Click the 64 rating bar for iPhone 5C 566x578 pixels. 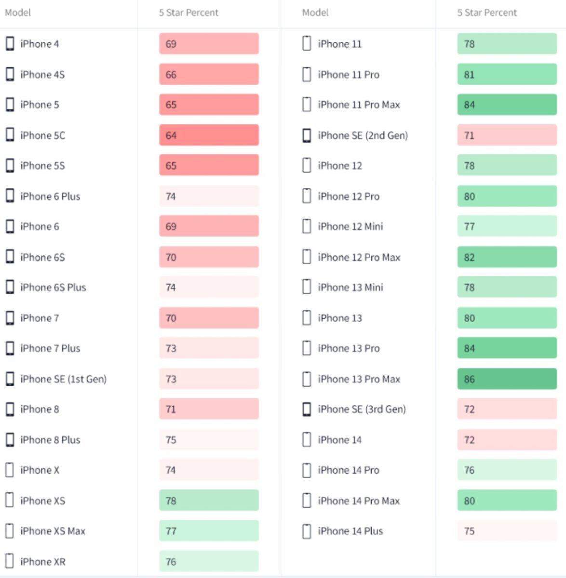coord(209,135)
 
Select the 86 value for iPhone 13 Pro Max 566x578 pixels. coord(507,379)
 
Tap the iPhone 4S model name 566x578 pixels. coord(42,75)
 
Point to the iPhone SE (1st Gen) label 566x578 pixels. coord(63,379)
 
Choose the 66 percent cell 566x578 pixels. coord(209,75)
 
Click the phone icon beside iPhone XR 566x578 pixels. coord(9,562)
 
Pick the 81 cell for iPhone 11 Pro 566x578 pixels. coord(507,75)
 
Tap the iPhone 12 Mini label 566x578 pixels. coord(350,226)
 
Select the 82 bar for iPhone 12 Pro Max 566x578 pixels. coord(507,257)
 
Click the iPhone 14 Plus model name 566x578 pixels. coord(350,531)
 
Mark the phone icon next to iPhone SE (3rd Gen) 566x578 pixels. coord(307,409)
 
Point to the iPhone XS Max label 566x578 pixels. coord(53,531)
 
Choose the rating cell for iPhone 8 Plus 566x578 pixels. coord(209,440)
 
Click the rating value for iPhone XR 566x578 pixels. coord(209,562)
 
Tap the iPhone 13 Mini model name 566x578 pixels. coord(350,288)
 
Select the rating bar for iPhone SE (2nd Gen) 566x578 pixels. coord(507,135)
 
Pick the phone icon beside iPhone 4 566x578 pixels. coord(10,44)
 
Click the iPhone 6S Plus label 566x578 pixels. coord(53,288)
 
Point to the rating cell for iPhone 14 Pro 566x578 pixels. coord(507,470)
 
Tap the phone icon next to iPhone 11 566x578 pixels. coord(307,44)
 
